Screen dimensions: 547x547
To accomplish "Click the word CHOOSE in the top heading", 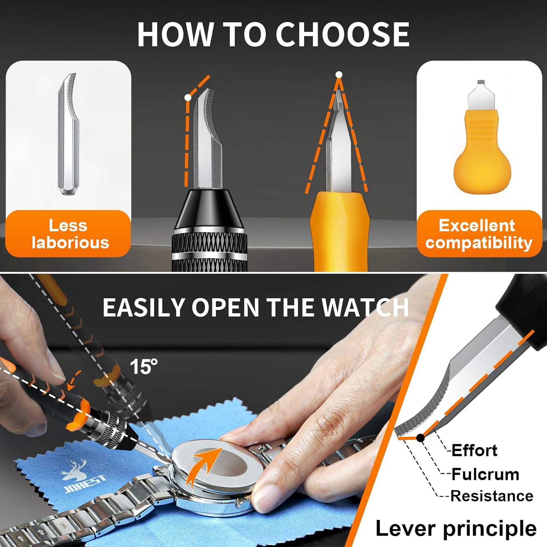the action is tap(342, 34).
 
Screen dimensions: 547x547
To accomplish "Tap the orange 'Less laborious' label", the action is tap(68, 233).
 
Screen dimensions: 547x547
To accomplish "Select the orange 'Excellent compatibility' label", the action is tap(479, 233).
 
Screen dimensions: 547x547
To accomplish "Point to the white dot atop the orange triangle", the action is tap(339, 75).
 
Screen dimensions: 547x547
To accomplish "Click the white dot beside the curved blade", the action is tap(188, 98).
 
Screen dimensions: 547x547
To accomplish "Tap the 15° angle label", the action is tap(144, 366).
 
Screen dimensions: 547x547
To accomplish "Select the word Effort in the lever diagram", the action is tap(474, 451).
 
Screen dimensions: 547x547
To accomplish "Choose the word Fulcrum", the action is tap(485, 474).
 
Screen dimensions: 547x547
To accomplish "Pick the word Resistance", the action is tap(492, 496).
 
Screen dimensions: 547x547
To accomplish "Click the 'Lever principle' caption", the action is tap(456, 528).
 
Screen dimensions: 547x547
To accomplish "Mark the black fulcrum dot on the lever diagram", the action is tap(420, 437).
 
